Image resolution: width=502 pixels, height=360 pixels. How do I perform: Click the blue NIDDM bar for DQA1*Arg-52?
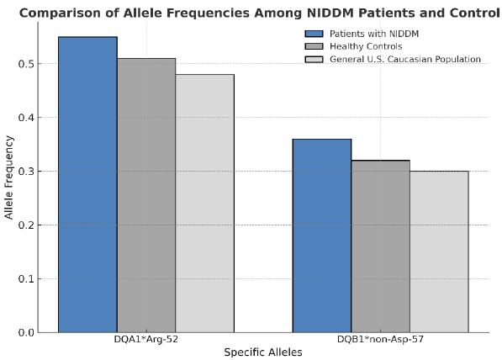(87, 184)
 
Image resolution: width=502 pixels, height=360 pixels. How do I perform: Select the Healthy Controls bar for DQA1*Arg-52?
(146, 195)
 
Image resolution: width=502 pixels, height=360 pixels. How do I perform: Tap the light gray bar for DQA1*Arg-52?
(205, 204)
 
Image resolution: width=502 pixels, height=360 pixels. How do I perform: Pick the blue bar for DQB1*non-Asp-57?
(322, 236)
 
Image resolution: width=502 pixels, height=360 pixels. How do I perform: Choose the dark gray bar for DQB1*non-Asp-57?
(380, 246)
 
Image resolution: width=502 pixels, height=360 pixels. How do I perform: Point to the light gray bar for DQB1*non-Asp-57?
(439, 251)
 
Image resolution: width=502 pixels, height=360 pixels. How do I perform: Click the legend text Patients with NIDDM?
(374, 34)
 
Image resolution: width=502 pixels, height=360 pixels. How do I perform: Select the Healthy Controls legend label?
(366, 46)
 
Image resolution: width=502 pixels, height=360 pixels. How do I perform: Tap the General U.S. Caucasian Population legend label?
(405, 59)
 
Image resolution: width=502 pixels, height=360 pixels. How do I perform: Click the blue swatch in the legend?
(314, 34)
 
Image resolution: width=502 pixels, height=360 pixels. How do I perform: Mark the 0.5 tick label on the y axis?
(25, 64)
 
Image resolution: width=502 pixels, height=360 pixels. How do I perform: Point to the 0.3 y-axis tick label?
(25, 172)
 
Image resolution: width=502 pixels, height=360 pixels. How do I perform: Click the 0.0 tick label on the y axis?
(25, 333)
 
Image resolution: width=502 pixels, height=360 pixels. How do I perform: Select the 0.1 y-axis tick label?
(25, 279)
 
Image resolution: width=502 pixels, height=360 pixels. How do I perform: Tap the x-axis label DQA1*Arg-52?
(146, 340)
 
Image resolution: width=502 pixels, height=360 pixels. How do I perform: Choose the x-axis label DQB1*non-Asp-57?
(380, 340)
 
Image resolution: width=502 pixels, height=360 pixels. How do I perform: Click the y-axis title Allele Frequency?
(9, 177)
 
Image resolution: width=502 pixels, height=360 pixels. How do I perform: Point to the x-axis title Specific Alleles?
(263, 352)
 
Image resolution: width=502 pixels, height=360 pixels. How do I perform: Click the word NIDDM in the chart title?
(330, 13)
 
